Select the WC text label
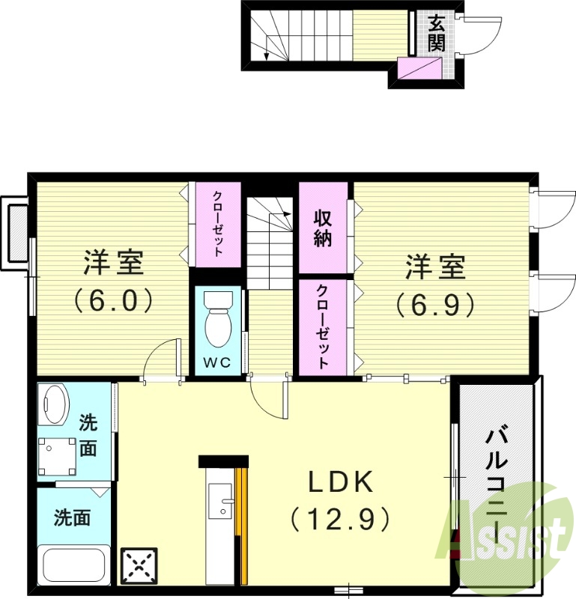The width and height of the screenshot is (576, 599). click(218, 363)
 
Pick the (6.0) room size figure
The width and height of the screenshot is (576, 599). click(113, 300)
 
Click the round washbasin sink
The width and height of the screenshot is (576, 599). click(54, 404)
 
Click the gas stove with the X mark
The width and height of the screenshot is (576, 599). click(139, 567)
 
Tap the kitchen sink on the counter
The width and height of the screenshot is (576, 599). click(221, 500)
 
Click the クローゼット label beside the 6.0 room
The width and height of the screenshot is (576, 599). click(216, 225)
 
